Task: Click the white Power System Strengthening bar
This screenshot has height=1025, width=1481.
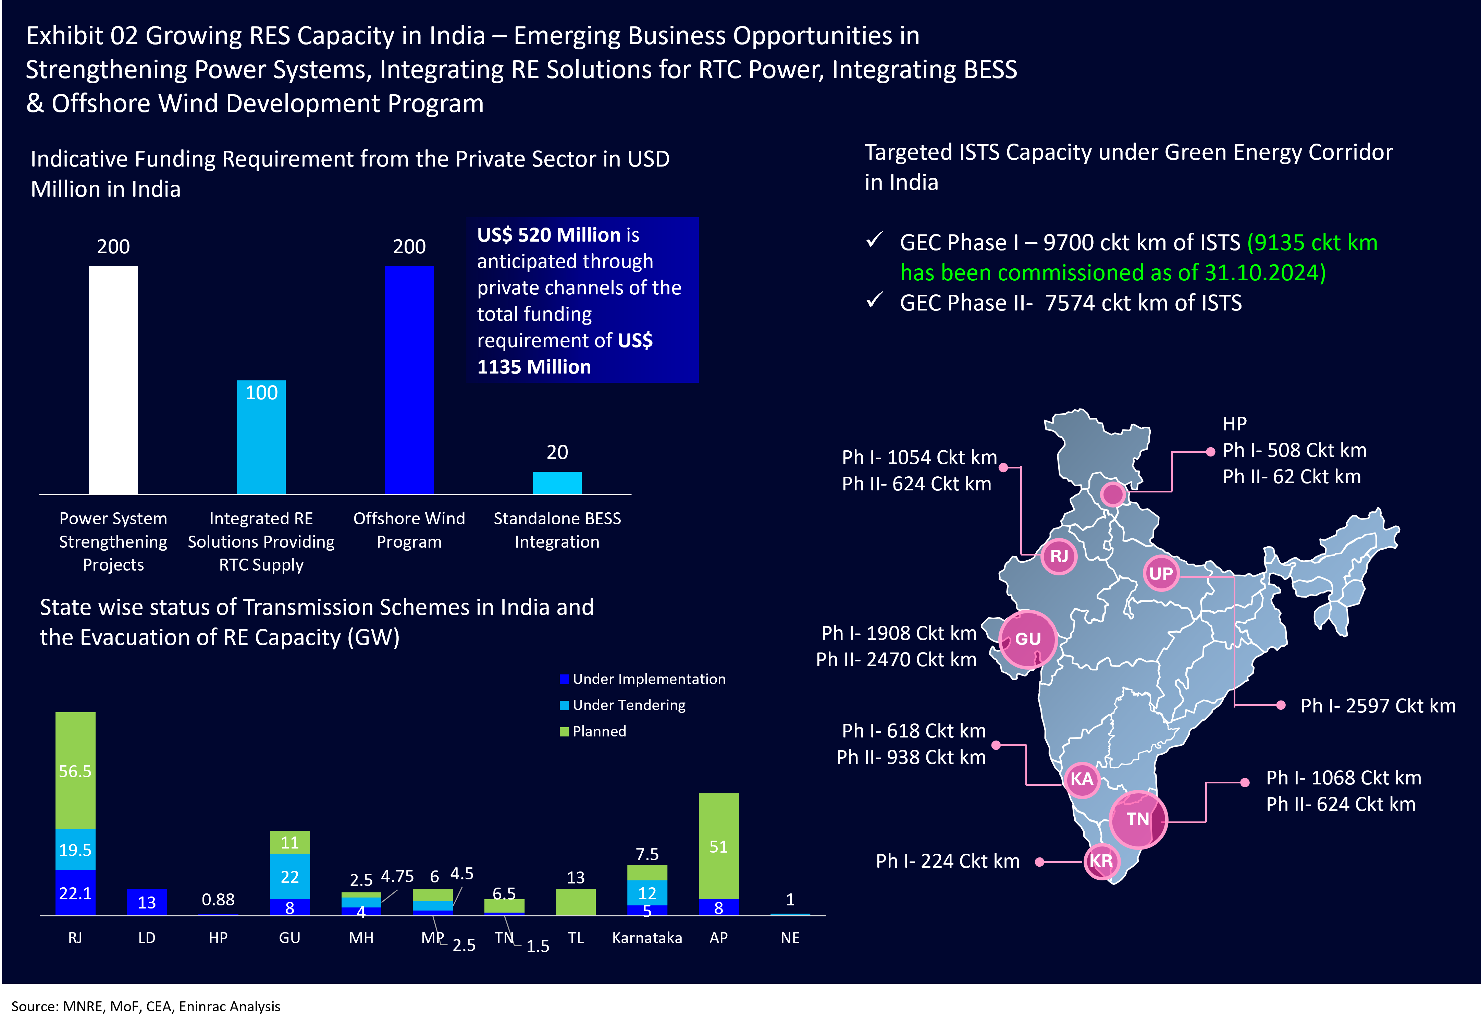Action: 113,380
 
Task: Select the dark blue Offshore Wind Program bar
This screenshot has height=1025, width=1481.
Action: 409,380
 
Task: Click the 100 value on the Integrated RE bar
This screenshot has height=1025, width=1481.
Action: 261,392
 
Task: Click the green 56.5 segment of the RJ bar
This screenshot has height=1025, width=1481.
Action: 75,771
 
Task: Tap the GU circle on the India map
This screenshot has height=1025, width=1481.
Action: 1028,639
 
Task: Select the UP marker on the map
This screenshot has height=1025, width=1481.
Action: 1161,573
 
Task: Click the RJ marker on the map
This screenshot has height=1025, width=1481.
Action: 1059,556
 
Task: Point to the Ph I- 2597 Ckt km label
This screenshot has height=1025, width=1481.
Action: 1378,706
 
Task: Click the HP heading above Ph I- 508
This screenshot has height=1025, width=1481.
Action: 1234,424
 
